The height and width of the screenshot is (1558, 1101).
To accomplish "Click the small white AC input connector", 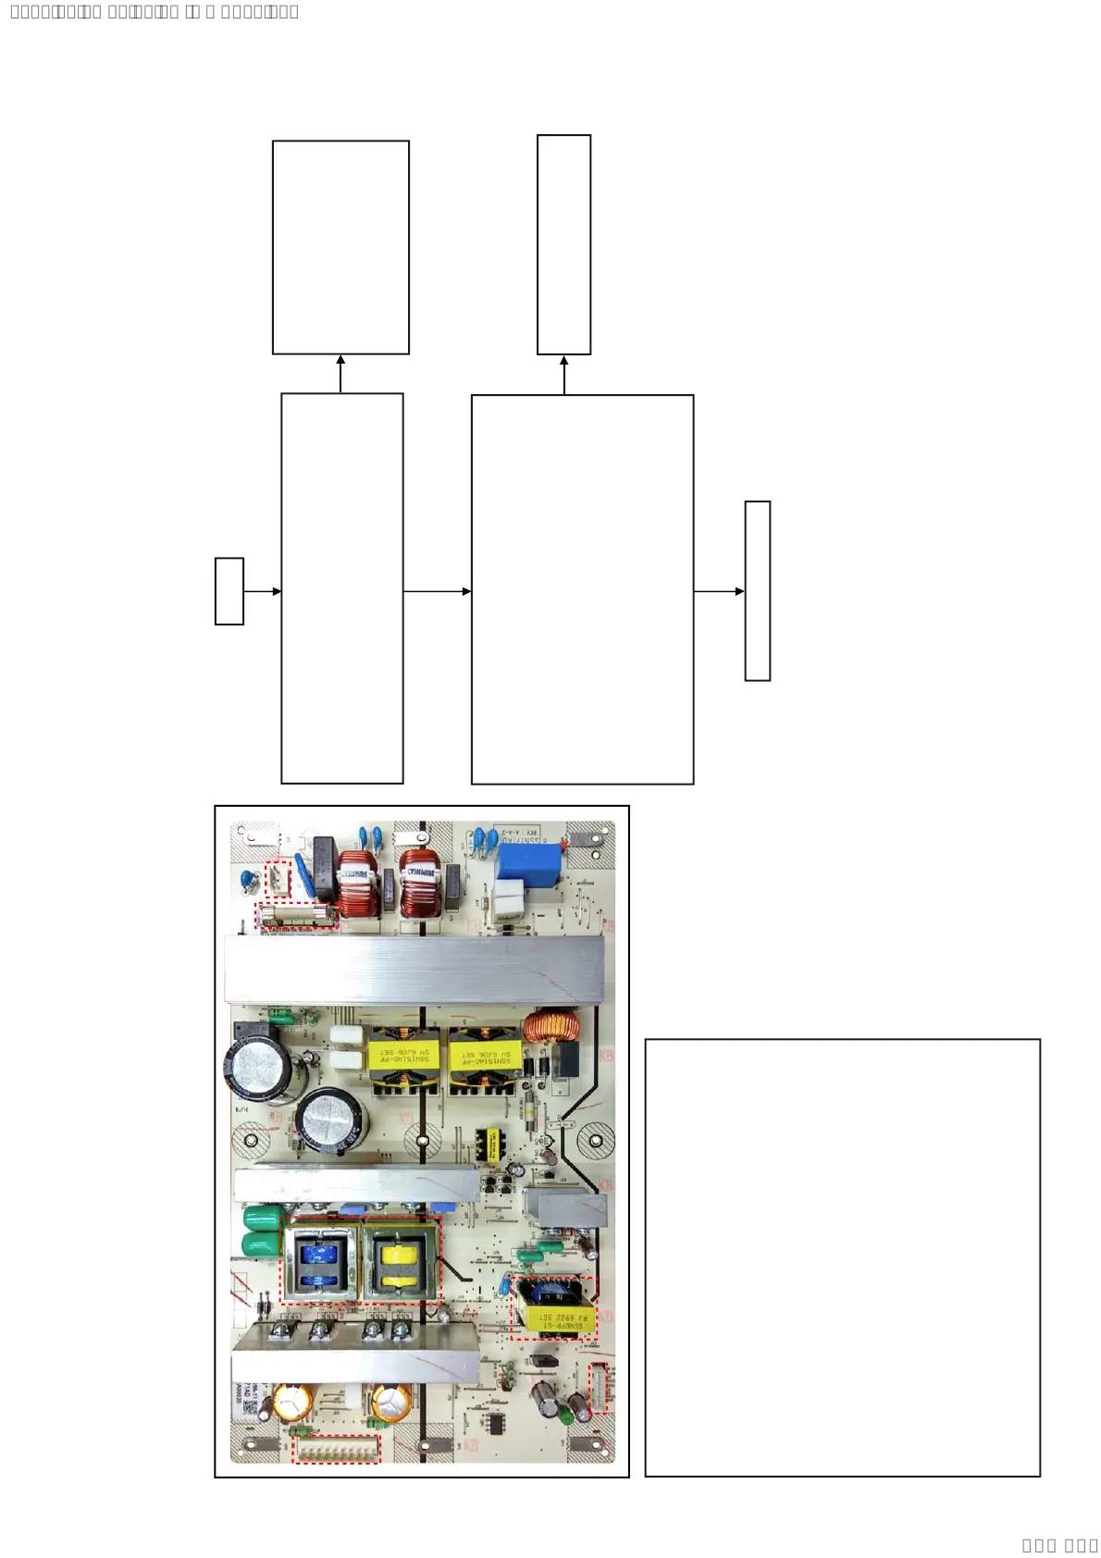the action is point(278,879).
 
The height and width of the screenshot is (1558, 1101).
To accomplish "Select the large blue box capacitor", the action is point(528,862).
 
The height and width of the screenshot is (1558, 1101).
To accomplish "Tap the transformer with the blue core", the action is point(320,1260).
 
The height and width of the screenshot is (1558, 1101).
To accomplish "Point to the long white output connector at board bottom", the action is point(336,1449).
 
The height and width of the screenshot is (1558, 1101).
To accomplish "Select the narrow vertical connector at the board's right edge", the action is point(599,1387).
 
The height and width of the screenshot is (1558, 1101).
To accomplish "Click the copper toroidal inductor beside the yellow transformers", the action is point(551,1027).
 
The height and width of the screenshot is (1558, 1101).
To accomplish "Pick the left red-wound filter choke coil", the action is point(357,885).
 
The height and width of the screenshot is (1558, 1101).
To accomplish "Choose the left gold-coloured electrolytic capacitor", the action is point(292,1402).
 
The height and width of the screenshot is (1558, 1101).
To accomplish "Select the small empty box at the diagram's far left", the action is point(229,591).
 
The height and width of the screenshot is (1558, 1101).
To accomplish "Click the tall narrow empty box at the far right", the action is point(758,591).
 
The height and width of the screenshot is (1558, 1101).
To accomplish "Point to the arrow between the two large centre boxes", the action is point(437,591).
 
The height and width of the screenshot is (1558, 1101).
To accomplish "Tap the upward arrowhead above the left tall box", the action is point(340,361).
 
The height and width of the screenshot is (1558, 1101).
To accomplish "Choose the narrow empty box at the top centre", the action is point(563,244).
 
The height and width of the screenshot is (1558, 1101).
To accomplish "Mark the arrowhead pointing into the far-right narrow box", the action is point(739,591).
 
